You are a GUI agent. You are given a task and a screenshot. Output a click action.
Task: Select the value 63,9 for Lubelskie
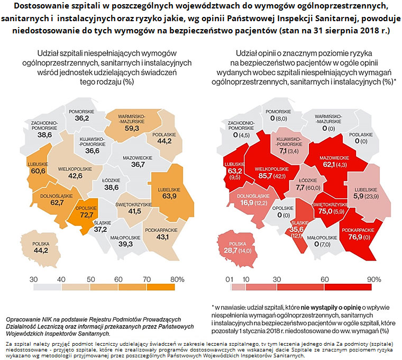tap(169, 196)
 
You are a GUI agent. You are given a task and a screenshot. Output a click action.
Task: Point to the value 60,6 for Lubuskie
tap(38, 171)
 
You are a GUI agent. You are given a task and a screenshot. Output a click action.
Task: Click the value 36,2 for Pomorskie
tap(81, 119)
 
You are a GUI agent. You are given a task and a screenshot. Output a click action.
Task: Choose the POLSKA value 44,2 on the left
tap(41, 250)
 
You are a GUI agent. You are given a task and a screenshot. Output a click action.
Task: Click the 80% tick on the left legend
tap(177, 279)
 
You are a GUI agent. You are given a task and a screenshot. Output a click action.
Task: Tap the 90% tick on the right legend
tap(374, 279)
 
